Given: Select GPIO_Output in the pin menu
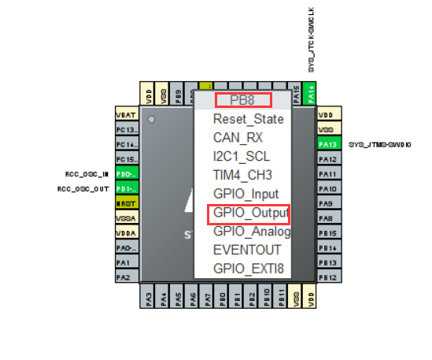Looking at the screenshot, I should click(248, 213).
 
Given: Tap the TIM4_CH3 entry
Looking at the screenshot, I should click(242, 174).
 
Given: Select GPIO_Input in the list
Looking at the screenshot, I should click(245, 193).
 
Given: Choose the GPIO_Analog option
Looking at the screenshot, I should click(251, 232).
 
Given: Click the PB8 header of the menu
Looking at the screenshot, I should click(243, 100).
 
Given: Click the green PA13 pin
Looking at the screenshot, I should click(328, 144).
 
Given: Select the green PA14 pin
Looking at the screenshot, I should click(312, 93).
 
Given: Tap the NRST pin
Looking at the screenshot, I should click(127, 203).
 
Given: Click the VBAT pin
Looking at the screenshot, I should click(127, 114).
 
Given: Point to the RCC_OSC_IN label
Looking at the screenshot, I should click(87, 174).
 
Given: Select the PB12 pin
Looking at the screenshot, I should click(328, 277).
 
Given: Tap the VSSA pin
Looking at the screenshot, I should click(127, 218).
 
